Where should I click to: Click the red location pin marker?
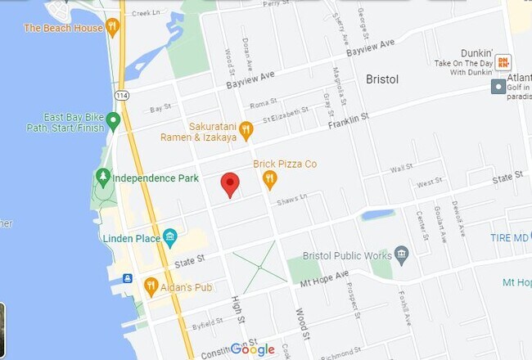[231, 185]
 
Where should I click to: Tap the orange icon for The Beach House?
[113, 28]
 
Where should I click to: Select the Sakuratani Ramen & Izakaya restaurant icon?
[246, 128]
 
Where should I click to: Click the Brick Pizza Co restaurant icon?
[270, 178]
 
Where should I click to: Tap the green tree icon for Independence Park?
[103, 177]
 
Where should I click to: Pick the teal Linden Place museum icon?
[170, 238]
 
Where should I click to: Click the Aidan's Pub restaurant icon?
[151, 286]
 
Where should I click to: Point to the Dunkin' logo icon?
[504, 62]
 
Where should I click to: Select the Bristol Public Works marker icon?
[401, 255]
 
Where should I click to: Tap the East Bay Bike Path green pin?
[113, 122]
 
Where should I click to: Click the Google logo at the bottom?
[252, 349]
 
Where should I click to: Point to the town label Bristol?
[377, 80]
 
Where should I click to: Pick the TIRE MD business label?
[510, 238]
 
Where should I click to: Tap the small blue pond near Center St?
[377, 215]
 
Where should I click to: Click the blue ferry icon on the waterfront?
[128, 279]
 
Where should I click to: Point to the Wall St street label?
[401, 168]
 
